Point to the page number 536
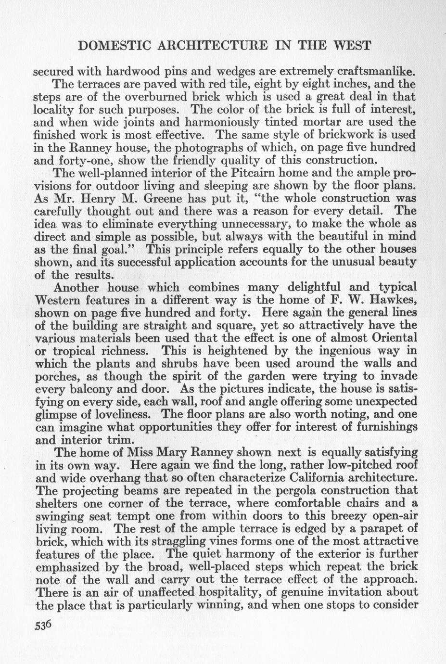pyautogui.click(x=42, y=625)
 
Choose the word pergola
pyautogui.click(x=294, y=491)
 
